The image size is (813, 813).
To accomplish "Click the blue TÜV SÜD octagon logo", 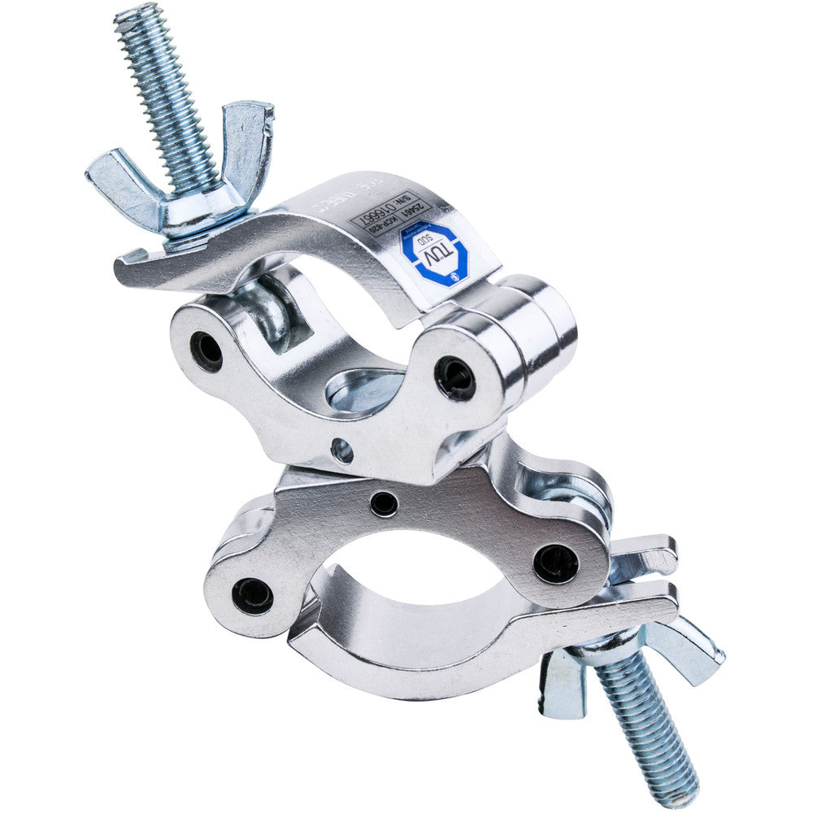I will click(x=436, y=254).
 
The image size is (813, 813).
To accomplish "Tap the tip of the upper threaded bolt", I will click(x=130, y=15).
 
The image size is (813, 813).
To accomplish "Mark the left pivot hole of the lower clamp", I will click(x=252, y=595).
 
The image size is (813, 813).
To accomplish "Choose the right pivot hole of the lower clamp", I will click(x=556, y=563).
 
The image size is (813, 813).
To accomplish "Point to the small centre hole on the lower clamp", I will click(x=384, y=504).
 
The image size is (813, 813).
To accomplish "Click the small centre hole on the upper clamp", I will click(x=342, y=449).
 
